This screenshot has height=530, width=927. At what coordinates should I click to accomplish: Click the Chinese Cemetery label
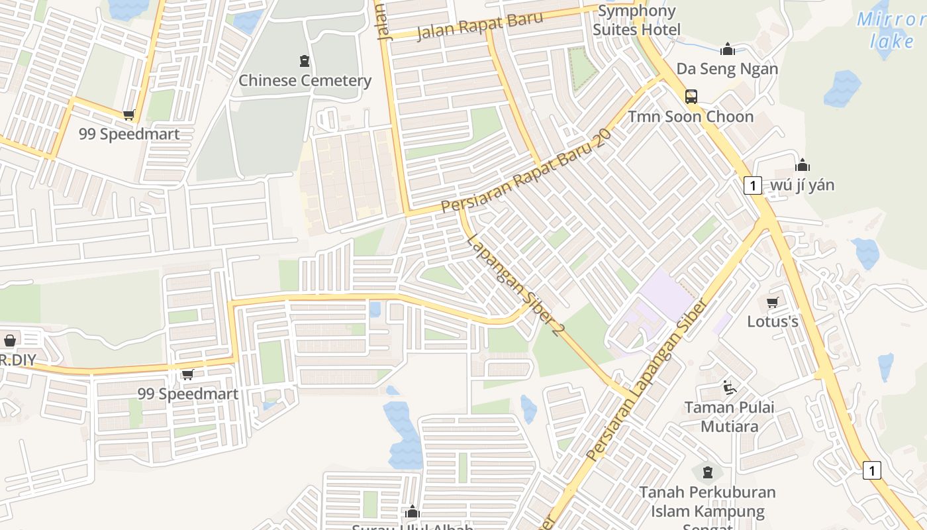tap(305, 81)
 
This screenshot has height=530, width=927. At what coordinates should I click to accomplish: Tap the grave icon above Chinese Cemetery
tap(305, 62)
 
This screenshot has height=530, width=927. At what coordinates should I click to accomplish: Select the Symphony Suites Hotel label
tap(636, 21)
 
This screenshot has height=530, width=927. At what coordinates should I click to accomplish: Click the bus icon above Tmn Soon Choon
tap(691, 97)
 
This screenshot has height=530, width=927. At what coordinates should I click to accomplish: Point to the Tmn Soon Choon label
tap(691, 117)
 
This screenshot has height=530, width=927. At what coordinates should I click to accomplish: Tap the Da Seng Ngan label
tap(727, 69)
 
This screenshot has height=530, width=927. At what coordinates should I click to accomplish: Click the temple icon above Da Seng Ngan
tap(728, 50)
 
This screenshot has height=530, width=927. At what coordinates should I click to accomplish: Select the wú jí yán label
tap(803, 185)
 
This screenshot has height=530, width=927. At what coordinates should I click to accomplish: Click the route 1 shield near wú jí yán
tap(752, 185)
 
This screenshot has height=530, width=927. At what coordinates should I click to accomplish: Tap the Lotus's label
tap(773, 322)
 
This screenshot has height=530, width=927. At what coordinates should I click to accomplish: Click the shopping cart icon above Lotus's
tap(772, 303)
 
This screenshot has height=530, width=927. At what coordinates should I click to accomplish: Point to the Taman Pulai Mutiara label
tap(729, 417)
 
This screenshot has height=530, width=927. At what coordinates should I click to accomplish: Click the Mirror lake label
tap(891, 30)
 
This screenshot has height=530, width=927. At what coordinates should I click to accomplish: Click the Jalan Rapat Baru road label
tap(480, 26)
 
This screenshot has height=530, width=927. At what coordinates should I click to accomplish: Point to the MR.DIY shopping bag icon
tap(10, 341)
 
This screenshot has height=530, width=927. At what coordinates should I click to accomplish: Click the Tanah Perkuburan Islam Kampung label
tap(707, 502)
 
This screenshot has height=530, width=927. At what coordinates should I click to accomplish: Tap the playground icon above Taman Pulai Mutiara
tap(729, 388)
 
